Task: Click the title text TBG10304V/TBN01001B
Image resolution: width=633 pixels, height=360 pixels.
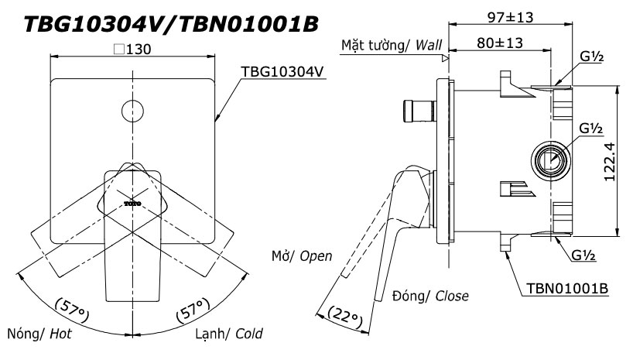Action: [171, 24]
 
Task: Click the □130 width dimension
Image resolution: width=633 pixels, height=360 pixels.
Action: [132, 49]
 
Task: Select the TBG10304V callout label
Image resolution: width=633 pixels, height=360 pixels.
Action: [282, 70]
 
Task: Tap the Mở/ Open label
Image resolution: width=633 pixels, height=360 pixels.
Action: [302, 255]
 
